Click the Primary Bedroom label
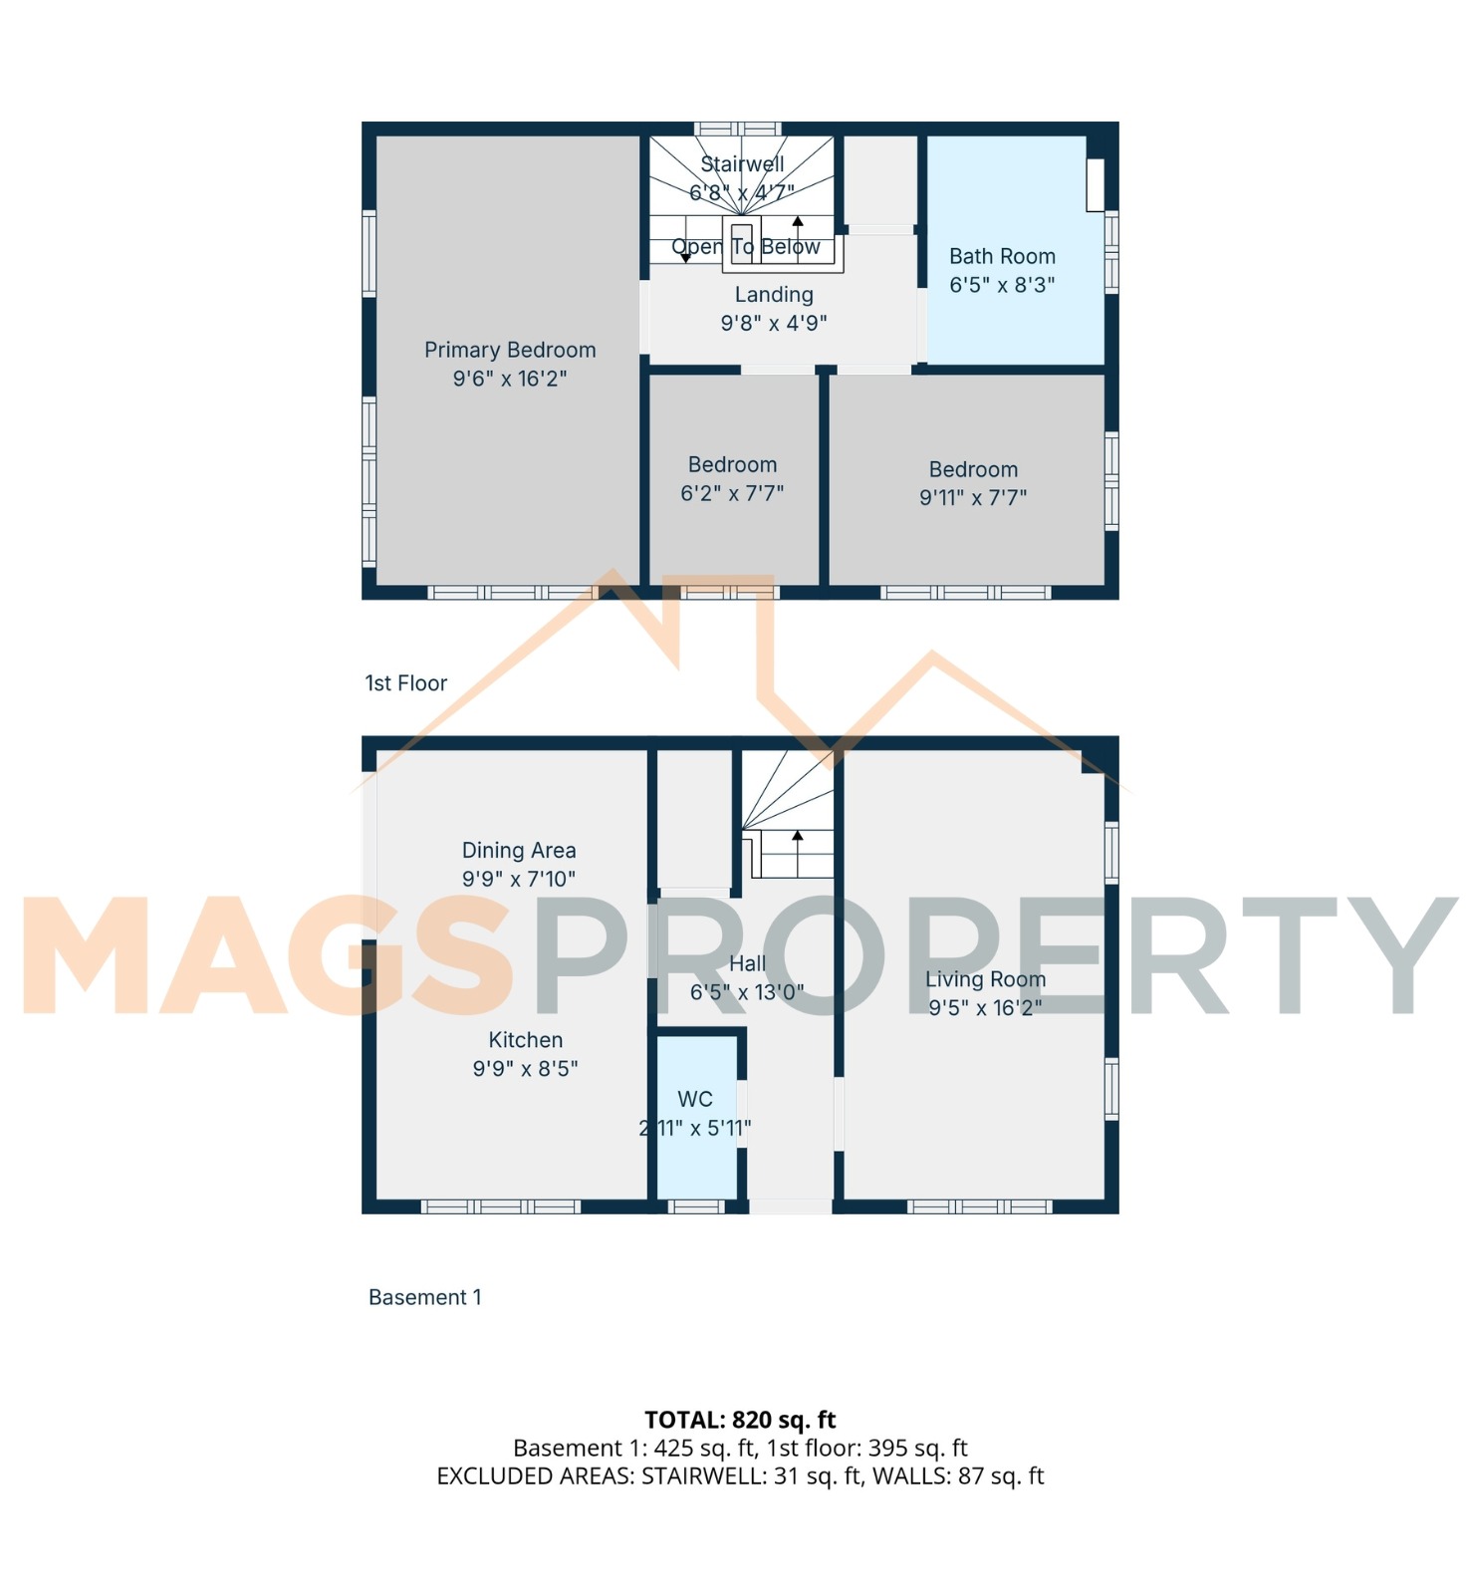pyautogui.click(x=510, y=350)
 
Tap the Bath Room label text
pyautogui.click(x=1002, y=256)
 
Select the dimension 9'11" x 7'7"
pyautogui.click(x=973, y=497)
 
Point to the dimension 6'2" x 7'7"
pyautogui.click(x=732, y=493)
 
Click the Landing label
pyautogui.click(x=774, y=295)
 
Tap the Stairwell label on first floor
pyautogui.click(x=742, y=163)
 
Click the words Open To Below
pyautogui.click(x=746, y=247)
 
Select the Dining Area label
pyautogui.click(x=519, y=851)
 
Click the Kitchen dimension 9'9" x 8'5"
pyautogui.click(x=525, y=1069)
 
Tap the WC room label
pyautogui.click(x=695, y=1099)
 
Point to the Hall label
pyautogui.click(x=748, y=963)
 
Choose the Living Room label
pyautogui.click(x=985, y=979)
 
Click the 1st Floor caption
pyautogui.click(x=405, y=682)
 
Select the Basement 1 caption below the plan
pyautogui.click(x=425, y=1297)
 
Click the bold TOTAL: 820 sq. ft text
pyautogui.click(x=740, y=1420)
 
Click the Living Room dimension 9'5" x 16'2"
pyautogui.click(x=985, y=1008)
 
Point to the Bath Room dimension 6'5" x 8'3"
pyautogui.click(x=1002, y=285)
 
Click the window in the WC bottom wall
pyautogui.click(x=696, y=1206)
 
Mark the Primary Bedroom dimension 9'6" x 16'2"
pyautogui.click(x=510, y=379)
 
